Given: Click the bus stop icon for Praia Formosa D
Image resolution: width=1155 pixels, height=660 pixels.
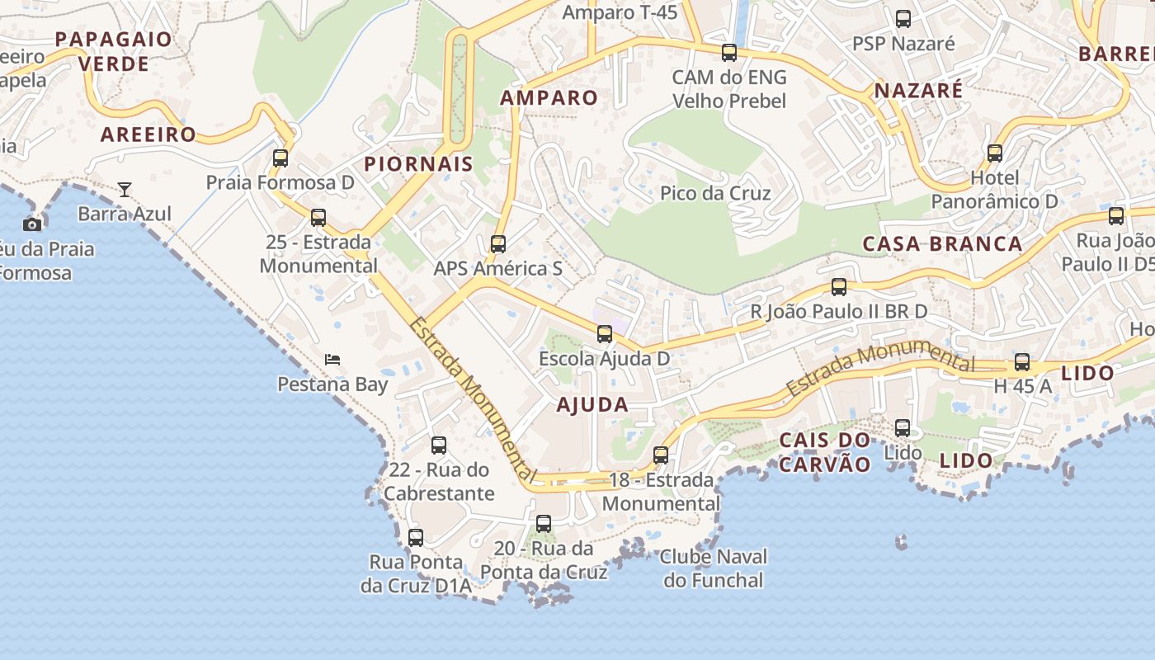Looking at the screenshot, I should (280, 158).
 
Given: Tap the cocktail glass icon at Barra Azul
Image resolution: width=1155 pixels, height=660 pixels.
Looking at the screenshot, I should (125, 190).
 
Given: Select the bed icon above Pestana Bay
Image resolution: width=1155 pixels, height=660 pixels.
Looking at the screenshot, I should (332, 359).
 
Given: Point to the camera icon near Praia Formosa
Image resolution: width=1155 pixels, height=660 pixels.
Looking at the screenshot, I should (32, 224).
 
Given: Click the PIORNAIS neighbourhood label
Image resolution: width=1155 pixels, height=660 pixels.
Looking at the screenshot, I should (419, 163).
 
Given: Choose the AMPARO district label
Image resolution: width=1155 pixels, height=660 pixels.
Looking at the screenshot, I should (549, 97).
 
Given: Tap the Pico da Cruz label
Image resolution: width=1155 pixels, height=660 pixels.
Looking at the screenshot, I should (715, 193).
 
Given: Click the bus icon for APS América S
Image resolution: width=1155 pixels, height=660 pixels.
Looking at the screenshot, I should (497, 243).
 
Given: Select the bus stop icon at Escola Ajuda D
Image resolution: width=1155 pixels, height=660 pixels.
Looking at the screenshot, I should (605, 333).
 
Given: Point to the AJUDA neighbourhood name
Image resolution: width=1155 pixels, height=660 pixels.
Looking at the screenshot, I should (592, 404).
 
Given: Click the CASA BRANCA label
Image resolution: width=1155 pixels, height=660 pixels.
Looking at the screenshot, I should (942, 243).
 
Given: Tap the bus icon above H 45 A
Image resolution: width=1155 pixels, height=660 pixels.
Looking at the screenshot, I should (1022, 361).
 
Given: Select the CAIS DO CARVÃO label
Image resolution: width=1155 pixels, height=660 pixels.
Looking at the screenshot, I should (824, 452).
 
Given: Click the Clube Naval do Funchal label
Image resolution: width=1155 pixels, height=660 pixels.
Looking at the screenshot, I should (714, 568).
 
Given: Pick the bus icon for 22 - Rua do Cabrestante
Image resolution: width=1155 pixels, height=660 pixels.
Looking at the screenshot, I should (439, 445).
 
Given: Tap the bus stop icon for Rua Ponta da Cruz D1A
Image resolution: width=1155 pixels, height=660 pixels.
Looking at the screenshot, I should (416, 538).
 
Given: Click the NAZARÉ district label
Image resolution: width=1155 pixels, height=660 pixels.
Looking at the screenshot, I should (918, 90).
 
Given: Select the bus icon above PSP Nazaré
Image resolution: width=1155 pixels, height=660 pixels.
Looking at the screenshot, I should (903, 18).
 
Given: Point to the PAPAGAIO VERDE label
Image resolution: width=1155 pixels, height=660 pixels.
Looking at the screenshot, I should (113, 51).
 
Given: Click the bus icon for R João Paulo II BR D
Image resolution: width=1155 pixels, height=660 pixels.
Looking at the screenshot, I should (839, 287).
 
